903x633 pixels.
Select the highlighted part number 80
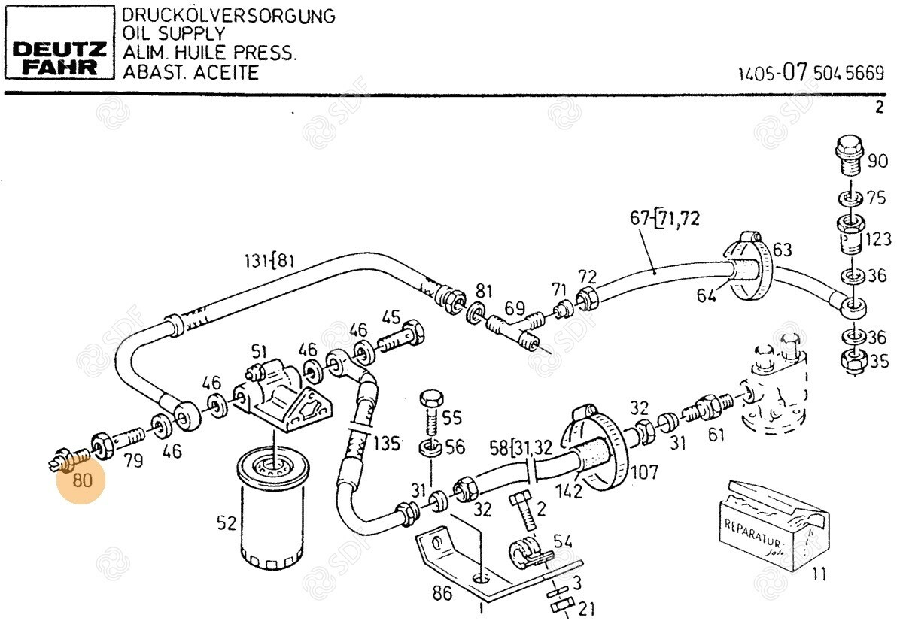pos(81,479)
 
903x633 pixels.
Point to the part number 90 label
pos(877,160)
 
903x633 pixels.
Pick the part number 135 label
pos(387,443)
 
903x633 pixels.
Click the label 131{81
pos(269,261)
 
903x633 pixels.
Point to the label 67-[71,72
pos(664,219)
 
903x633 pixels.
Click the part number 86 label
pos(442,593)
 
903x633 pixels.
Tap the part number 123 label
pos(877,239)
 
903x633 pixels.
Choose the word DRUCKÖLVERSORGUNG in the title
pos(229,16)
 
